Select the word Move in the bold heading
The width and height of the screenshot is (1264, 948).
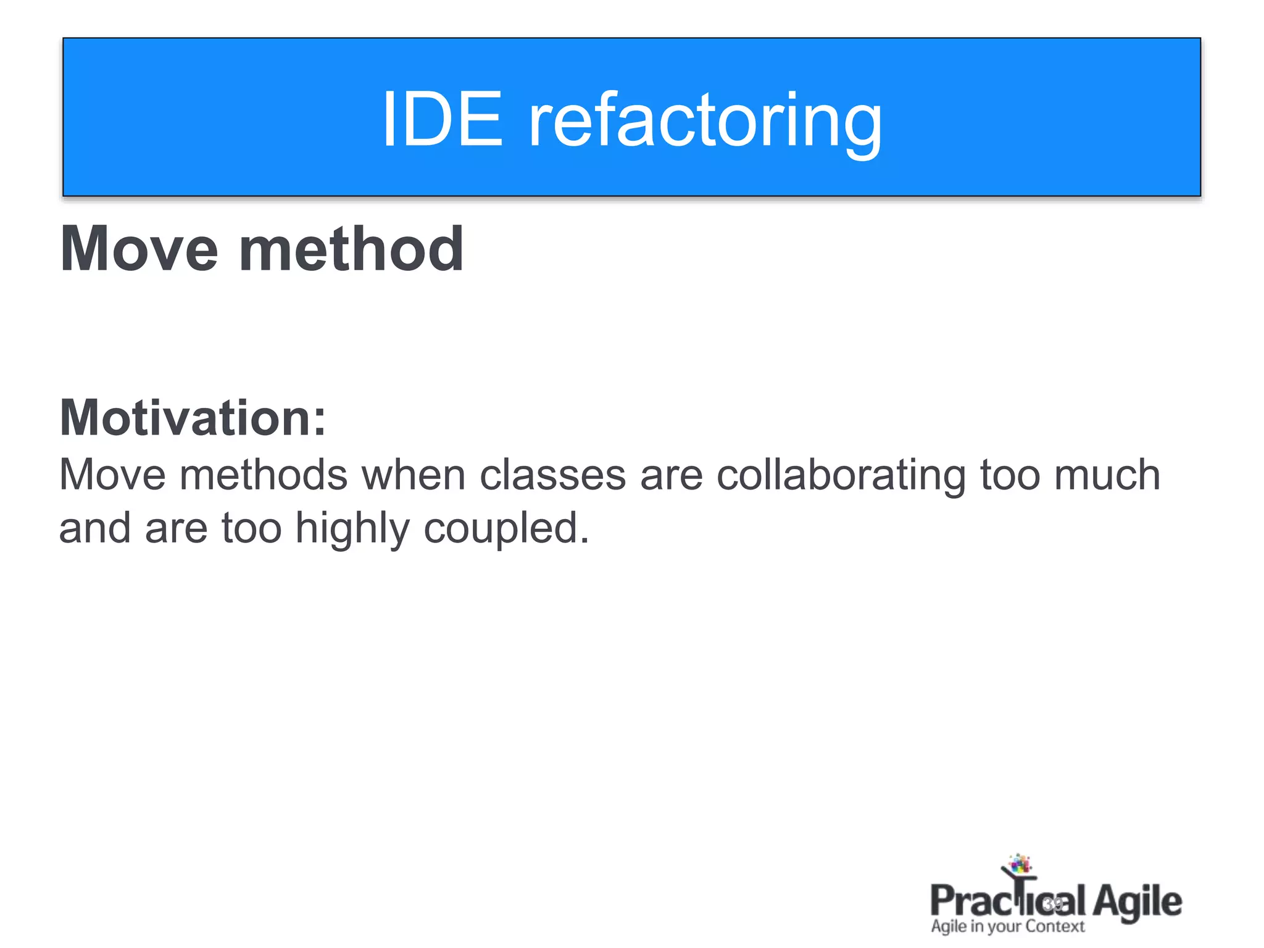pos(139,249)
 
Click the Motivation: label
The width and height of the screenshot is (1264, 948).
pos(193,418)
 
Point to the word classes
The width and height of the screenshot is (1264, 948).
pos(552,475)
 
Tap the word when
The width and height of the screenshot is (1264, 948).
pos(413,475)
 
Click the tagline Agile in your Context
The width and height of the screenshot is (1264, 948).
pos(1007,926)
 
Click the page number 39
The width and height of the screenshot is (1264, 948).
pos(1053,904)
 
